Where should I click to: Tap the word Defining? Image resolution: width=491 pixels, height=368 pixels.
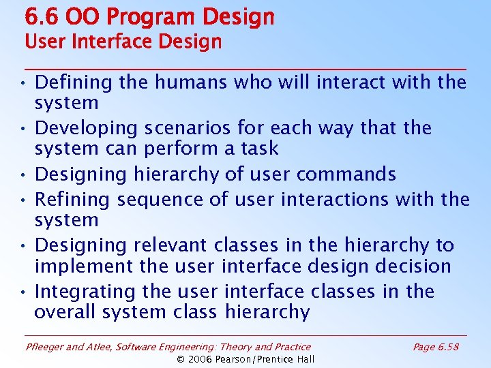(x=73, y=83)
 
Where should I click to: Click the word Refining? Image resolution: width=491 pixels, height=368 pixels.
(x=73, y=200)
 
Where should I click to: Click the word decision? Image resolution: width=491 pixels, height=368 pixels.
(x=411, y=266)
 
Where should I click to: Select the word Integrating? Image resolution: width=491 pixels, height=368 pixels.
(x=86, y=292)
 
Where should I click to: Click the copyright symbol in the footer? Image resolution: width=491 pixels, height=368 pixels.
(x=181, y=359)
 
